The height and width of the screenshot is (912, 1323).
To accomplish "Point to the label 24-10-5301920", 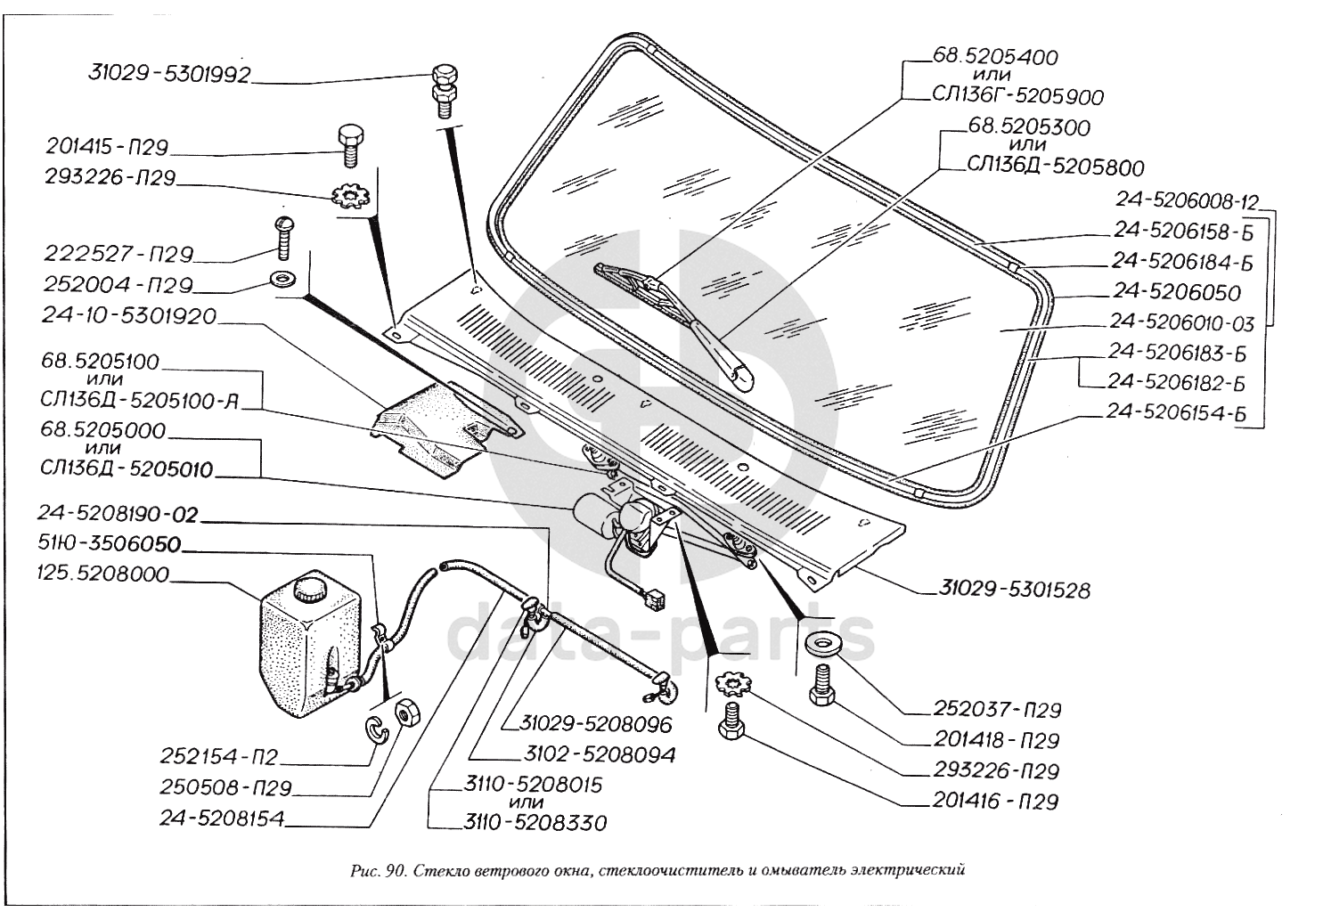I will coord(128,316).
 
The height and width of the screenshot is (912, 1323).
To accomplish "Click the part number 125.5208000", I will coord(102,574).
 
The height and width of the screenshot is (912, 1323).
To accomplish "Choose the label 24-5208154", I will coord(222,818).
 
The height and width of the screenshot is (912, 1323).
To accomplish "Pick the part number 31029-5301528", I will coord(1012,590).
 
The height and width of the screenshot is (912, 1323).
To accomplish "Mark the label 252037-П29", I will coord(997,710).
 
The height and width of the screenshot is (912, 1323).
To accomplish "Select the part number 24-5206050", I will coord(1176,292).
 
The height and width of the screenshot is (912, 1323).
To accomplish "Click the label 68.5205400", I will coord(995,58).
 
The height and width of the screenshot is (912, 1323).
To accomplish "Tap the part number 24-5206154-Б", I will coord(1175,412).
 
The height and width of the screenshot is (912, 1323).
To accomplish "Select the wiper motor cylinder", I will coord(592,516).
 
